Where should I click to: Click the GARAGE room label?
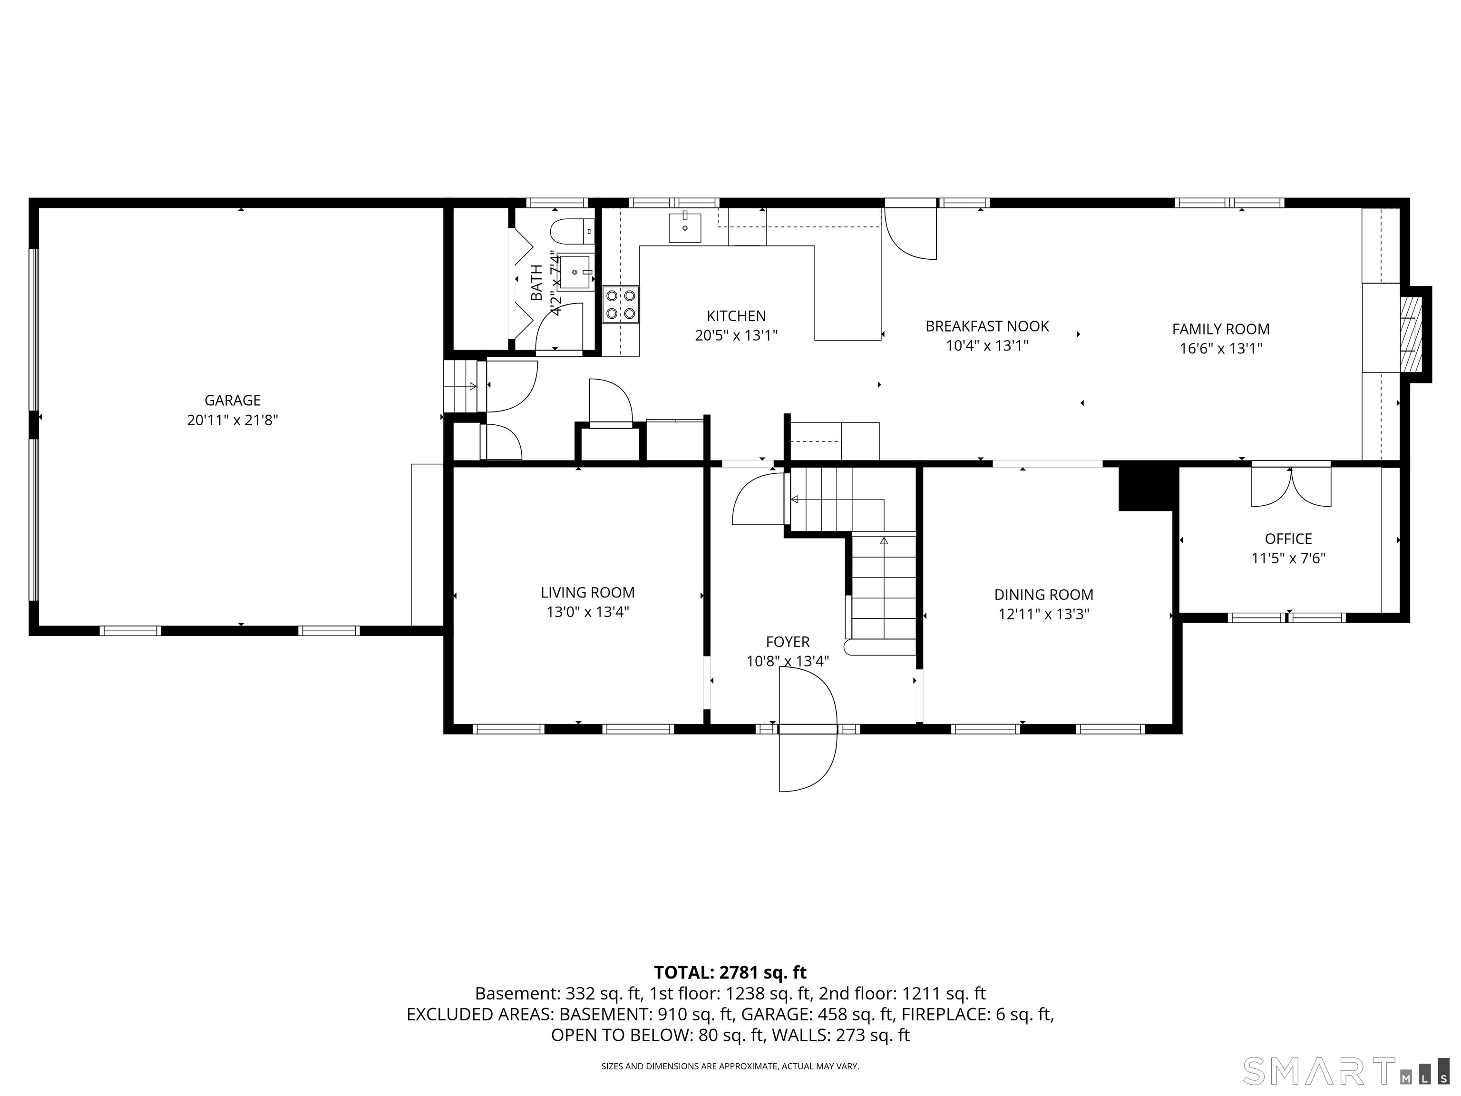233,401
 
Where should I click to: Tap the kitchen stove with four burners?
621,304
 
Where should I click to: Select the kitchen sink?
685,228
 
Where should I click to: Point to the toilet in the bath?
572,231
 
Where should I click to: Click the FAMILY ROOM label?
1220,329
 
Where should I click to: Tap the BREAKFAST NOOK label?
987,326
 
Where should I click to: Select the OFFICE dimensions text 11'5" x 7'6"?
1288,558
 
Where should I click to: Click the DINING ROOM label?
1043,595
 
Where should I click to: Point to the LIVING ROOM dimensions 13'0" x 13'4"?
587,612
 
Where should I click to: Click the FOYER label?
787,642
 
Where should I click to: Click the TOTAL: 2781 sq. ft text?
730,972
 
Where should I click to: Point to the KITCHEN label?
736,316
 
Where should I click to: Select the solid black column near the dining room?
1149,488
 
